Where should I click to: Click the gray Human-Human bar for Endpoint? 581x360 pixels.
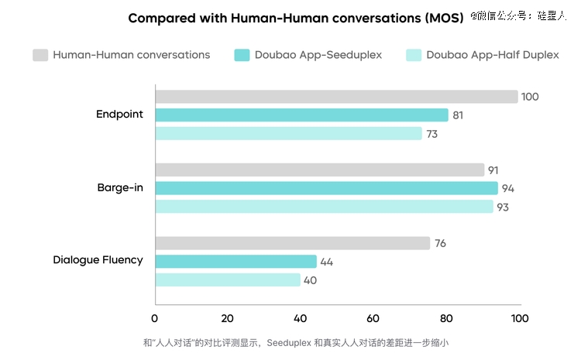[336, 97]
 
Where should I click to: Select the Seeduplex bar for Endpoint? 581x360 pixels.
[302, 115]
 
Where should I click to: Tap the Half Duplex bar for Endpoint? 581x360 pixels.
[288, 134]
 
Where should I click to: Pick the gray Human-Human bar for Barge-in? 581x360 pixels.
[320, 170]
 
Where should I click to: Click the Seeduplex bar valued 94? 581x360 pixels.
[326, 188]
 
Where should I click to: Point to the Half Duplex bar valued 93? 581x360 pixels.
[324, 207]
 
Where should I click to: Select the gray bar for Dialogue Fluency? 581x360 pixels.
[293, 243]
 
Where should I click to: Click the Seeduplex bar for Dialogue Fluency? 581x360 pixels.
[236, 262]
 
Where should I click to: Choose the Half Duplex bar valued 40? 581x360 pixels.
[228, 280]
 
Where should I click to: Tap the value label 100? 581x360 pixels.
[530, 97]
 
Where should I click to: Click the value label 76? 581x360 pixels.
[440, 244]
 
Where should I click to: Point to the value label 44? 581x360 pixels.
[327, 262]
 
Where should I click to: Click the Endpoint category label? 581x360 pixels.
[119, 115]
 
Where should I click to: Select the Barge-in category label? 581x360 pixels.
[120, 188]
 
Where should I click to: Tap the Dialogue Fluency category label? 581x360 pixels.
[98, 260]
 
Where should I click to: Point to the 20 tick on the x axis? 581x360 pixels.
[228, 318]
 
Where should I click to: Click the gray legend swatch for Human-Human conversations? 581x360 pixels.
[40, 55]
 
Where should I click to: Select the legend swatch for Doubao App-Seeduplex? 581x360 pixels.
[241, 55]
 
